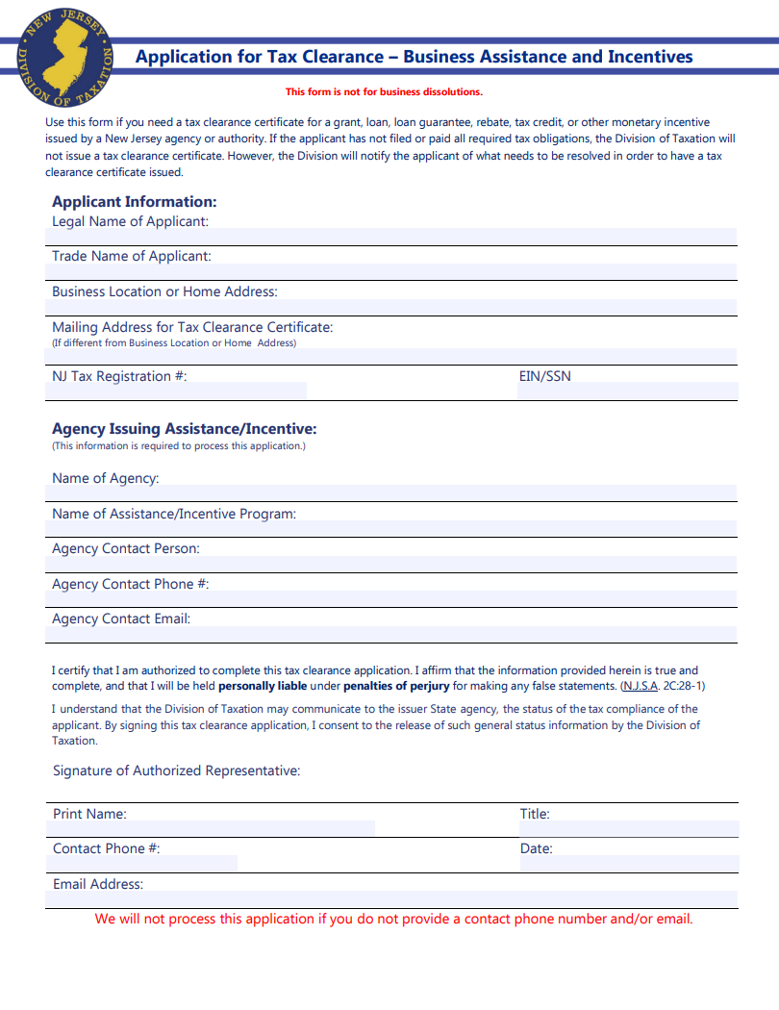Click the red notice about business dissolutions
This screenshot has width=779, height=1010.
tap(384, 92)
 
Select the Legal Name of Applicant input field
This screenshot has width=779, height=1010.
tap(390, 237)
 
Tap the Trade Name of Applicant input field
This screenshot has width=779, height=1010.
tap(390, 271)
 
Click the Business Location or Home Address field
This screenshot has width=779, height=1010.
tap(390, 307)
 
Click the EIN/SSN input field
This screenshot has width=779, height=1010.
tap(641, 391)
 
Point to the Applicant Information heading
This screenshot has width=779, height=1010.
tap(135, 202)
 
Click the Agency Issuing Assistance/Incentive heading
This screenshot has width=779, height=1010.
tap(184, 429)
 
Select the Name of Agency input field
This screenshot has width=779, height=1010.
tap(390, 492)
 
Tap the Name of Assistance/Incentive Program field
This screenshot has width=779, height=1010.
tap(390, 528)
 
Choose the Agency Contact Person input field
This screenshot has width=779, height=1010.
tap(390, 564)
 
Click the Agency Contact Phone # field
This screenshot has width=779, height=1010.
tap(390, 598)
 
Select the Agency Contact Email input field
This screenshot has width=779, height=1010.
tap(390, 634)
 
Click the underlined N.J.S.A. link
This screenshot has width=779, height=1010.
tap(641, 686)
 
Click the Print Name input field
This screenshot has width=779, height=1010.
tap(210, 828)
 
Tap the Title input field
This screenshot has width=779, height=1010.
tap(629, 828)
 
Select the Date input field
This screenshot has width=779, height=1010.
tap(629, 863)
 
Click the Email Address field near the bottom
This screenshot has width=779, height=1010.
tap(390, 898)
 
